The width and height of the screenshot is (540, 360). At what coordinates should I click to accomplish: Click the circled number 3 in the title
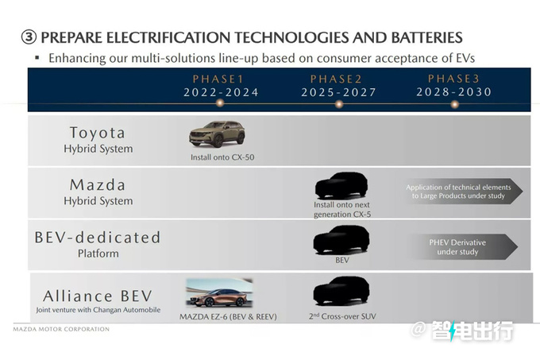pyautogui.click(x=29, y=37)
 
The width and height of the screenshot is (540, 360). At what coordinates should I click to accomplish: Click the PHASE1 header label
pyautogui.click(x=218, y=79)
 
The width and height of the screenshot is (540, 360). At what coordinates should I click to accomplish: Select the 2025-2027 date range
pyautogui.click(x=338, y=92)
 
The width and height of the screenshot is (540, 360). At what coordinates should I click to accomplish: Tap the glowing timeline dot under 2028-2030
pyautogui.click(x=454, y=104)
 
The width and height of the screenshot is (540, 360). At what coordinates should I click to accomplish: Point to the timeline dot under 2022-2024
pyautogui.click(x=220, y=103)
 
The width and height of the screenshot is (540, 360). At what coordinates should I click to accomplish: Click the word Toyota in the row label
pyautogui.click(x=98, y=133)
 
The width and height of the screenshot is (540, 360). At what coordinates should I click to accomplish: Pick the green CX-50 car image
pyautogui.click(x=217, y=134)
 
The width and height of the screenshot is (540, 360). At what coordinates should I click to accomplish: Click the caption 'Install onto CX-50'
pyautogui.click(x=222, y=157)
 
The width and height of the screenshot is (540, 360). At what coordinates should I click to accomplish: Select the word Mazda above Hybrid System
pyautogui.click(x=98, y=185)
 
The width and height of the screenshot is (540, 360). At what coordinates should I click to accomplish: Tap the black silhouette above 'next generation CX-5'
pyautogui.click(x=341, y=186)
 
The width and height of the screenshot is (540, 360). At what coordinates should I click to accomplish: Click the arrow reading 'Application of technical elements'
pyautogui.click(x=463, y=192)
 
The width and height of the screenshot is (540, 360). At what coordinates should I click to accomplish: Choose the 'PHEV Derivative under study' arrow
pyautogui.click(x=462, y=246)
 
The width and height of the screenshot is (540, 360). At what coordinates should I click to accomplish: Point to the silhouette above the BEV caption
pyautogui.click(x=341, y=240)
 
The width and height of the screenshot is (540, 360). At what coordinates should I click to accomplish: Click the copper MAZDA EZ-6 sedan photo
pyautogui.click(x=219, y=292)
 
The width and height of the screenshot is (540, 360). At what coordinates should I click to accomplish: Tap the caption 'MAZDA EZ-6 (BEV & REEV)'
pyautogui.click(x=228, y=316)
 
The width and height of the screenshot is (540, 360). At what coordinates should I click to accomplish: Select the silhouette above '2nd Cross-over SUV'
pyautogui.click(x=341, y=291)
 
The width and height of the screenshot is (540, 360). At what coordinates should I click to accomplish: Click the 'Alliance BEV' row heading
pyautogui.click(x=98, y=296)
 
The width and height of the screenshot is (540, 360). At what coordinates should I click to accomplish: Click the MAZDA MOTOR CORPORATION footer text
pyautogui.click(x=61, y=329)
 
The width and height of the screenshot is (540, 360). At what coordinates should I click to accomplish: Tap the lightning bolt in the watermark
pyautogui.click(x=453, y=331)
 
